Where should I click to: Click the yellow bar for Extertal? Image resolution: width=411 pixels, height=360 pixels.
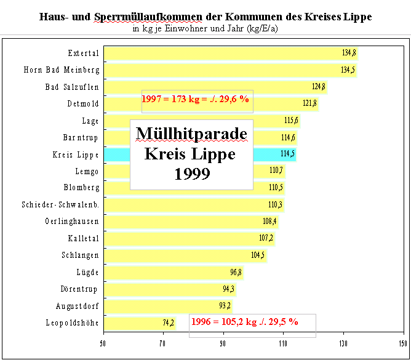[x=228, y=53]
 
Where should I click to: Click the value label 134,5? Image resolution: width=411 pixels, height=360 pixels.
[x=348, y=70]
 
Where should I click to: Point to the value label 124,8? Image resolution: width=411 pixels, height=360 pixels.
[x=319, y=87]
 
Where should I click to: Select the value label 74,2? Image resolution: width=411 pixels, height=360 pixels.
[x=168, y=322]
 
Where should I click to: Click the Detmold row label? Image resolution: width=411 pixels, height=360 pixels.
[x=83, y=103]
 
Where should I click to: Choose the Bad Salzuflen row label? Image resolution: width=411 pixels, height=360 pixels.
[x=72, y=87]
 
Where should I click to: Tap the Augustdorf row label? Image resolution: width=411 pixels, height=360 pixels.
[x=74, y=305]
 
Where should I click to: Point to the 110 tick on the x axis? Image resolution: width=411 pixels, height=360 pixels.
[x=283, y=343]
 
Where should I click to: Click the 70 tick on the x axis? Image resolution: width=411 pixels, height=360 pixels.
[x=163, y=343]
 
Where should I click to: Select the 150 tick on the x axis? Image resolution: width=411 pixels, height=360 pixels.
[x=403, y=343]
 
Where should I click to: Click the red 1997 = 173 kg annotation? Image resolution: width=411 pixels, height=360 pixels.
[x=195, y=98]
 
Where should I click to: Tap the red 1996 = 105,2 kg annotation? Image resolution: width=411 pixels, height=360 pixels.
[x=244, y=321]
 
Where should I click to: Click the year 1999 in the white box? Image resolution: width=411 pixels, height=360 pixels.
[x=191, y=174]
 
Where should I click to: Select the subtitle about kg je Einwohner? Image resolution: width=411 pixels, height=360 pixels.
[x=205, y=28]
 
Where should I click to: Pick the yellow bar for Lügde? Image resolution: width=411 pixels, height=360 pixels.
[x=172, y=272]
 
